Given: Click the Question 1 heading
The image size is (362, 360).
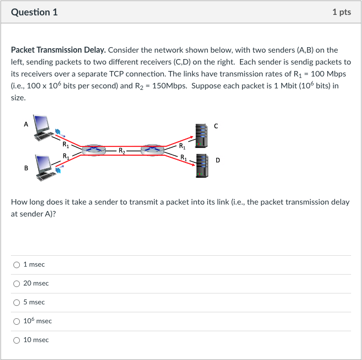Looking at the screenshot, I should (34, 12).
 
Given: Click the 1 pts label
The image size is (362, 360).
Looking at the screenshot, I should (342, 12).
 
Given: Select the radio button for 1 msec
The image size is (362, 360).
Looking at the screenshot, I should (17, 265).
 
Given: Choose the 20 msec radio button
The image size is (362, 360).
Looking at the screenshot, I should (17, 284).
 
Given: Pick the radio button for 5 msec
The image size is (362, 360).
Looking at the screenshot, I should (17, 302).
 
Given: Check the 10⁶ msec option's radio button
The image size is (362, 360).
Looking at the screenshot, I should (17, 321).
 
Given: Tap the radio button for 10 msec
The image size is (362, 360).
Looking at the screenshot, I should (17, 340).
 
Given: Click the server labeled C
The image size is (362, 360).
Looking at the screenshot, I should (201, 135).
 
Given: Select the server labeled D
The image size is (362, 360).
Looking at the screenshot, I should (201, 165).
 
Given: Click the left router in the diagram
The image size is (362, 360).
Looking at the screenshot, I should (94, 149).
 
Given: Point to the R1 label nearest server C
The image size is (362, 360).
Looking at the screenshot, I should (183, 146).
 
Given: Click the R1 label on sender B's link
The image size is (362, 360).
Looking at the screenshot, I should (65, 156).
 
